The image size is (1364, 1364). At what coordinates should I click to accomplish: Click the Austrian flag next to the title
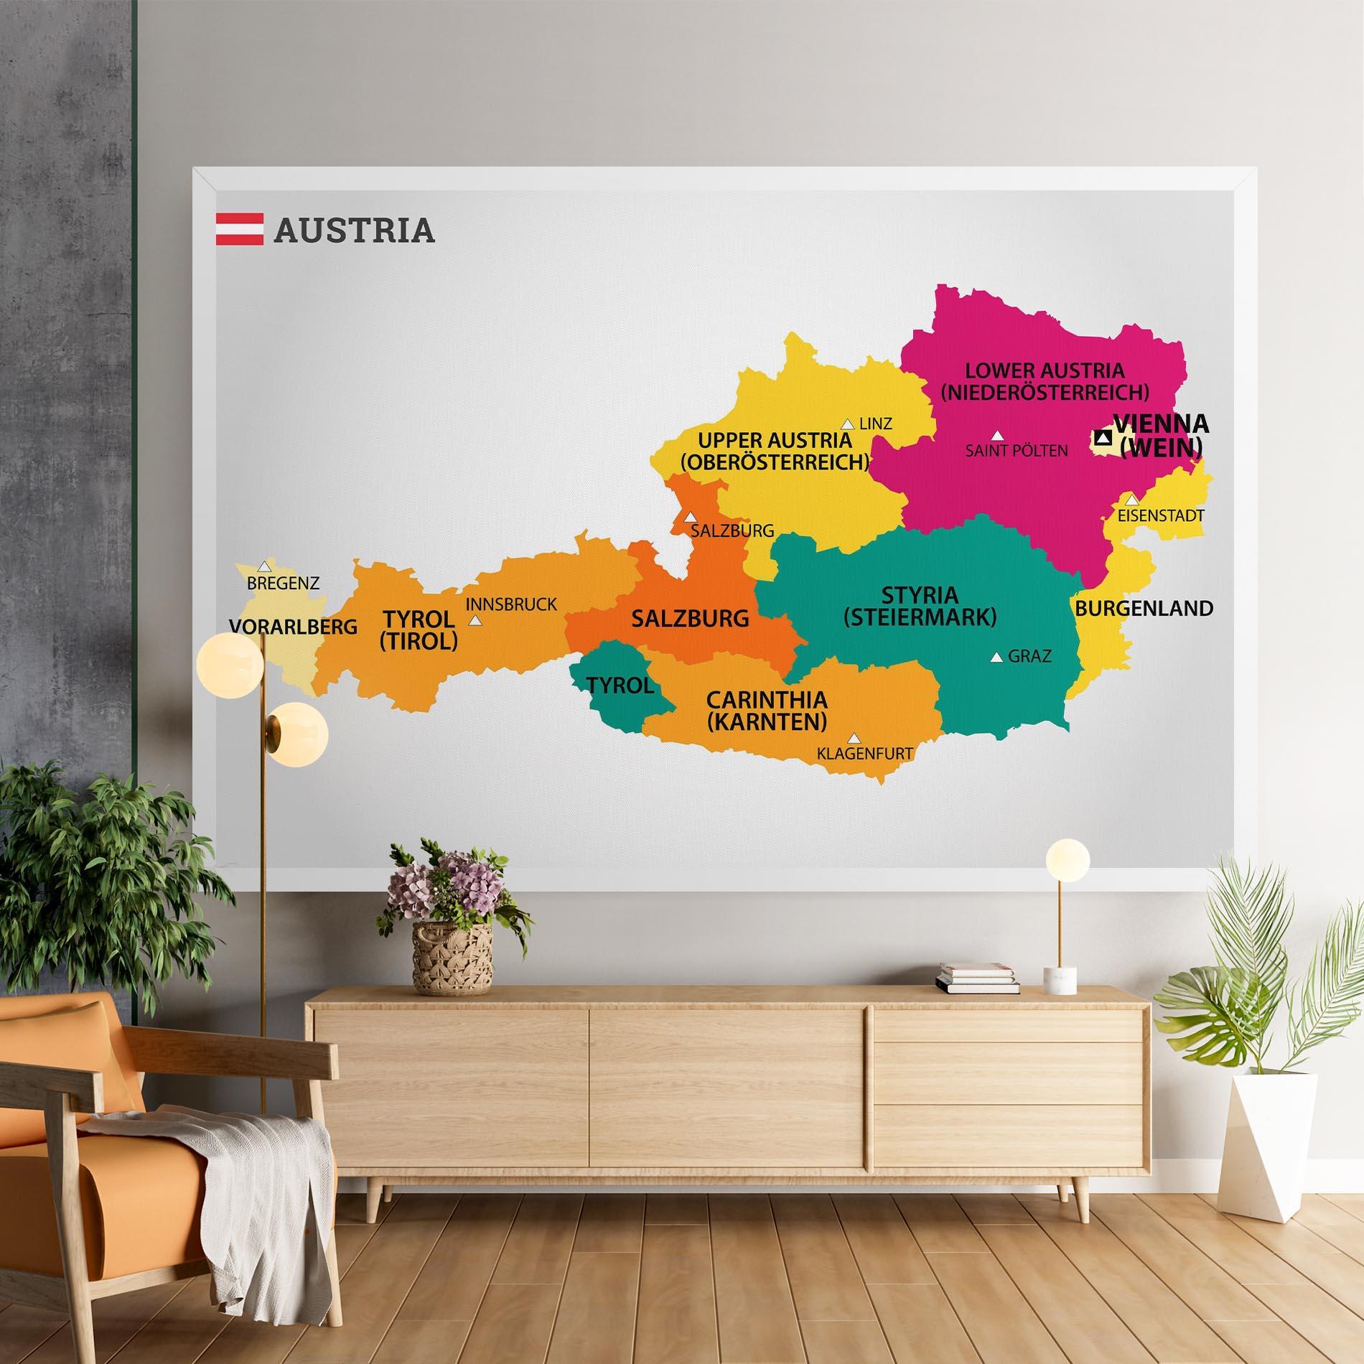tap(240, 229)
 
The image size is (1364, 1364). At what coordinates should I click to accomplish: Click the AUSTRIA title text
tap(354, 230)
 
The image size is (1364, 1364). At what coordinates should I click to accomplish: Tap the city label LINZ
tap(875, 424)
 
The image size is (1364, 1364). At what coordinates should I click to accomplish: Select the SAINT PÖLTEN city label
tap(1016, 451)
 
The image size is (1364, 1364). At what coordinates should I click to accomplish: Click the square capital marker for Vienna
tap(1103, 437)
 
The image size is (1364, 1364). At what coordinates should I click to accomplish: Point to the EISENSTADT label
tap(1160, 515)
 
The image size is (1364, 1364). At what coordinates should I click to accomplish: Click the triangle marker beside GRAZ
tap(996, 656)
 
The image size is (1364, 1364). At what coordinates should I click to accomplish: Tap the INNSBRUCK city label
tap(511, 604)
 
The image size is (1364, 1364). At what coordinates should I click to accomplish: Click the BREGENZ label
tap(283, 583)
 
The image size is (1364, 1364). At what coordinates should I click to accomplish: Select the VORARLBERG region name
tap(293, 627)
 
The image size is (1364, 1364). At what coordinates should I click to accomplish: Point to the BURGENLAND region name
tap(1144, 609)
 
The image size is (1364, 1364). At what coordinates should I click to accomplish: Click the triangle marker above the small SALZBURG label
tap(690, 516)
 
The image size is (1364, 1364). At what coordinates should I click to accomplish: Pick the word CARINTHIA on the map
tap(767, 700)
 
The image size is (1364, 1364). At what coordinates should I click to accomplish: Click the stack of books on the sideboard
tap(977, 978)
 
